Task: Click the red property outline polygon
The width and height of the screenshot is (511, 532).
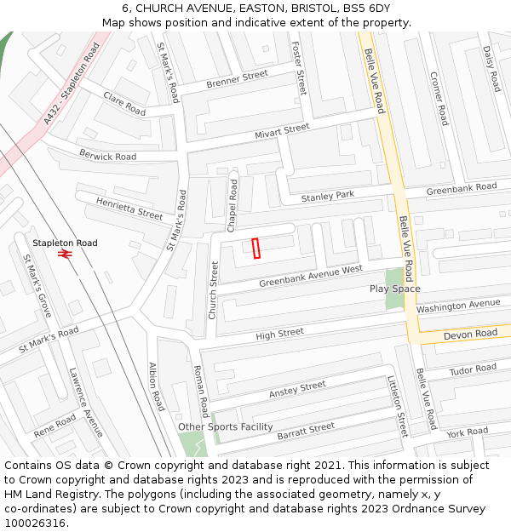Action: click(x=256, y=248)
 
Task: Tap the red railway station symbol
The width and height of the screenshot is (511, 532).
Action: click(x=64, y=253)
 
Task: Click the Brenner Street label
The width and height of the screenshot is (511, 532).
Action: click(x=237, y=80)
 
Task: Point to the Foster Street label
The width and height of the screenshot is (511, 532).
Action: click(x=299, y=68)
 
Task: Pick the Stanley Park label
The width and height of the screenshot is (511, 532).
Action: click(x=328, y=197)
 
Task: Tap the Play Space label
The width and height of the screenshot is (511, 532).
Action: click(x=395, y=289)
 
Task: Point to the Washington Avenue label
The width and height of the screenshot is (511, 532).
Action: click(x=458, y=305)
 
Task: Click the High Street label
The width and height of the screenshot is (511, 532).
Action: click(x=279, y=334)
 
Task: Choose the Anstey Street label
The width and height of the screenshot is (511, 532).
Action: click(x=297, y=390)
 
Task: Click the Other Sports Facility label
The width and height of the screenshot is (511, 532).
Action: click(x=226, y=426)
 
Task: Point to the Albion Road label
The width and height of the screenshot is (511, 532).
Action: click(x=156, y=387)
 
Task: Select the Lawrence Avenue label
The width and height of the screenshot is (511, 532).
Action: click(x=86, y=403)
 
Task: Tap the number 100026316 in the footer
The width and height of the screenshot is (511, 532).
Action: click(x=33, y=523)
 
